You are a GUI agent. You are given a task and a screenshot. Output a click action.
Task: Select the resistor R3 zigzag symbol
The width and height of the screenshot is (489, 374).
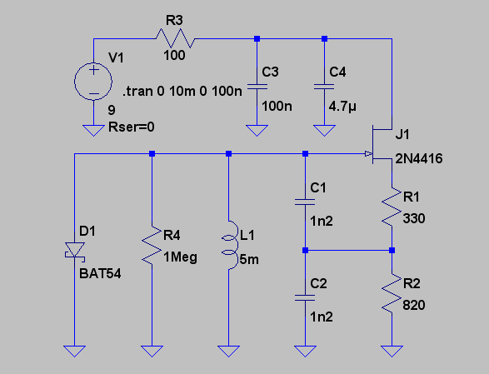[x=175, y=38]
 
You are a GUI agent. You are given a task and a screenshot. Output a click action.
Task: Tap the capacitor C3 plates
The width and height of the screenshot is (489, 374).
[x=257, y=87]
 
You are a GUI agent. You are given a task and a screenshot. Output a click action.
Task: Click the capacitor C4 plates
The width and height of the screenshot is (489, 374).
[x=324, y=87]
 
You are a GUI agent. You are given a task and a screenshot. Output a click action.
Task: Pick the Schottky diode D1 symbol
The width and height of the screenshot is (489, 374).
[x=74, y=251]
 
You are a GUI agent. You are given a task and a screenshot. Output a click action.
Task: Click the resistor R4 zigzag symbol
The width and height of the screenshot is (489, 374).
[x=152, y=246]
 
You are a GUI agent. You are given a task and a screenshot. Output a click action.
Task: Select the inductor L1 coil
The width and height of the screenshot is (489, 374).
[x=230, y=245]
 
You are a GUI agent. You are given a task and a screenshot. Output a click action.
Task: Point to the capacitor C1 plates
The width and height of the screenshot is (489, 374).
[x=306, y=202]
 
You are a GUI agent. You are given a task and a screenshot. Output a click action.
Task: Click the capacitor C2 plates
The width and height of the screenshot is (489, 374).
[x=306, y=297]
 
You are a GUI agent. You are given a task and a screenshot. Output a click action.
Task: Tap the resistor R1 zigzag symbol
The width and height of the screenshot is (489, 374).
[x=392, y=207]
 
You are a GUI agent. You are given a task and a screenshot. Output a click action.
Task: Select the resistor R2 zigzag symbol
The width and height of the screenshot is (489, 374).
[x=392, y=293]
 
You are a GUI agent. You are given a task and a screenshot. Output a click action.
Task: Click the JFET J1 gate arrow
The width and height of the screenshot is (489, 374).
[x=368, y=154]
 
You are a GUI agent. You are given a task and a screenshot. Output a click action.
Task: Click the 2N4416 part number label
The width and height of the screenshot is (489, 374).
[x=419, y=159]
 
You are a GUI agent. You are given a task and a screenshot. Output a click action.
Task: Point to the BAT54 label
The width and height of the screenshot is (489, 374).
[x=100, y=273]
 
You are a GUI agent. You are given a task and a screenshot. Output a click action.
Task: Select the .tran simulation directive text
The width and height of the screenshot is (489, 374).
[x=182, y=92]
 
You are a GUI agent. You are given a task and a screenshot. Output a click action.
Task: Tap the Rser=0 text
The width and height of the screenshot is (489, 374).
[x=132, y=127]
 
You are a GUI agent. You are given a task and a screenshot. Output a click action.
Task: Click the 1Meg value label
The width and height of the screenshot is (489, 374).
[x=180, y=257]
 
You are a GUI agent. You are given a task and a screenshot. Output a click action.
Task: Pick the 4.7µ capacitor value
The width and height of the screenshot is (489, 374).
[x=342, y=107]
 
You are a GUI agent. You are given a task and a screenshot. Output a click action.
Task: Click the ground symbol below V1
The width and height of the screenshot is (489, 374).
[x=93, y=131]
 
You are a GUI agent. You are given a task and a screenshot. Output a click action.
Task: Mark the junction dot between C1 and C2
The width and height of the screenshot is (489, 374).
[x=306, y=250]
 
